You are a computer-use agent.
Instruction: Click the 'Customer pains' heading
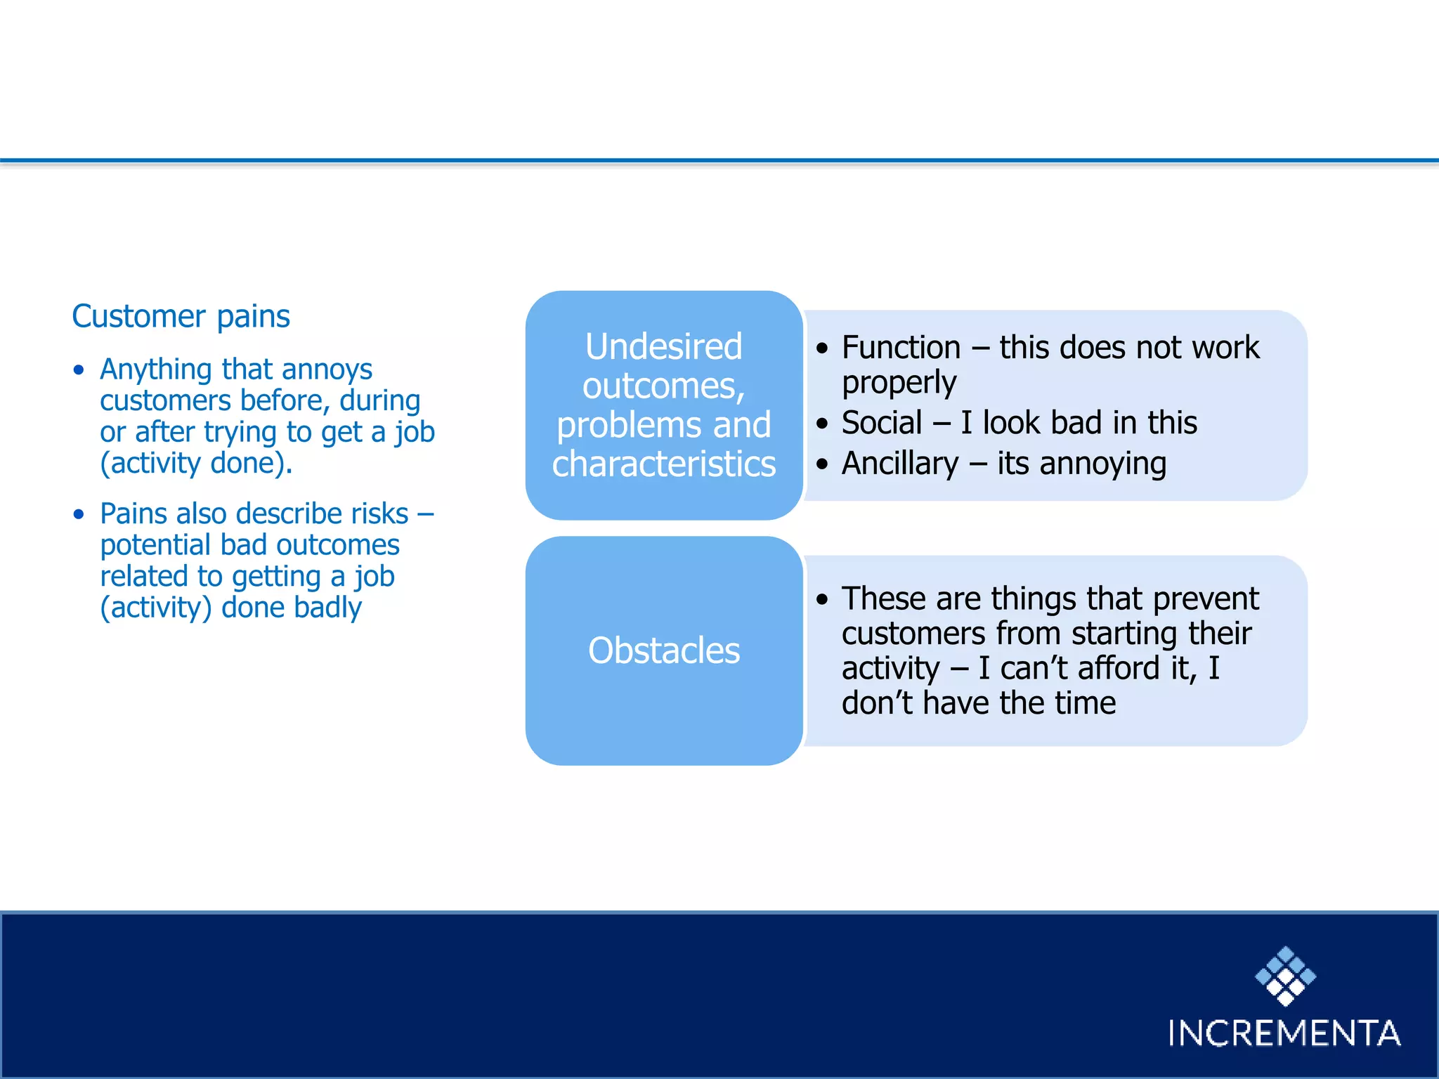pos(181,316)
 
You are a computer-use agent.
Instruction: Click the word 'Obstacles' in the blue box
pos(663,650)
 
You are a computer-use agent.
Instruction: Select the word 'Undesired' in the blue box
pos(663,346)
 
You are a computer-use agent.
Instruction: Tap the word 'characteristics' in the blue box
pos(663,464)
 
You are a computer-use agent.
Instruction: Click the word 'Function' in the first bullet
pos(901,348)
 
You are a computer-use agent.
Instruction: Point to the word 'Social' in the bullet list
pos(882,423)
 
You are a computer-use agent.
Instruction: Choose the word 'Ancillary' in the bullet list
pos(900,464)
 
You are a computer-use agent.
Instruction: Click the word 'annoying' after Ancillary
pos(1103,464)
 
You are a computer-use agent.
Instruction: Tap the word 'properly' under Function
pos(899,383)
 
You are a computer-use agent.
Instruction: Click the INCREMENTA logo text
pos(1284,1033)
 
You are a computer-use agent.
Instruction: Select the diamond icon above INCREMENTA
pos(1285,975)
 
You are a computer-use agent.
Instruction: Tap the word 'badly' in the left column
pos(327,608)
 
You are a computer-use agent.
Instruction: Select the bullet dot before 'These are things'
pos(822,599)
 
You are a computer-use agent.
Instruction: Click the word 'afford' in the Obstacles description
pos(1119,667)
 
